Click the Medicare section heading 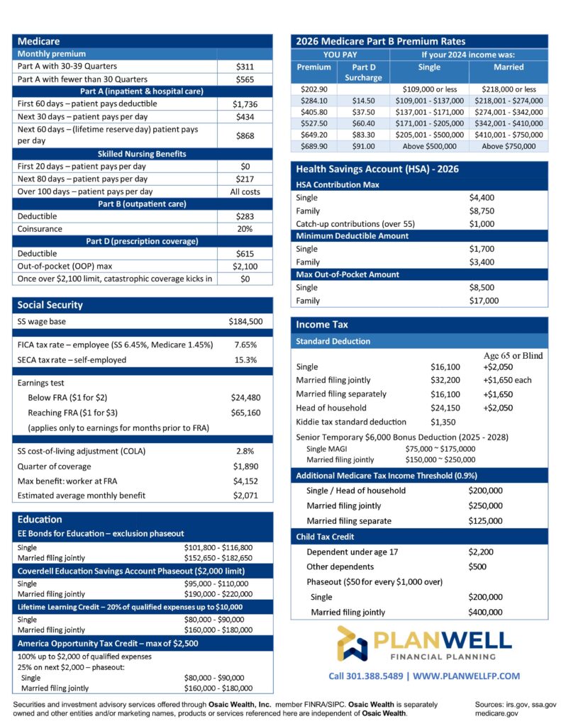[39, 41]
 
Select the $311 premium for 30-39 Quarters [245, 67]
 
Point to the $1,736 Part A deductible [245, 104]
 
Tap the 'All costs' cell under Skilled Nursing [245, 191]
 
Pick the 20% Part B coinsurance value [245, 229]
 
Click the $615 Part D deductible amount [245, 253]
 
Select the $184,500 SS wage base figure [245, 321]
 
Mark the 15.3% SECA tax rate [245, 359]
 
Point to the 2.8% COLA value [245, 451]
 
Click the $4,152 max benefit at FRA [245, 481]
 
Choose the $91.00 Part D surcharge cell [363, 146]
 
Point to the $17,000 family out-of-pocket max [484, 301]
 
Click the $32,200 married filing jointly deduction [445, 380]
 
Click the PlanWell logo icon [352, 643]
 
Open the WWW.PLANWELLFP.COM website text [465, 676]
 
